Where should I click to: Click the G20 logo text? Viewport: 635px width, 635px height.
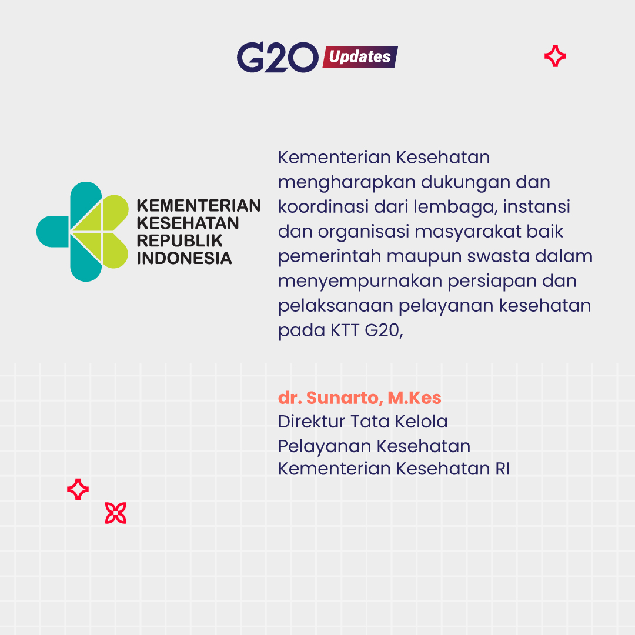click(278, 57)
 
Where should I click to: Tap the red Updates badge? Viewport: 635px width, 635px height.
click(360, 56)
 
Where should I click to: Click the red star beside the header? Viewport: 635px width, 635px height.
click(555, 56)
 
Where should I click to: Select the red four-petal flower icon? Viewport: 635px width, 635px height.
click(116, 513)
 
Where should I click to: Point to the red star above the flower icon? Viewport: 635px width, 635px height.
click(78, 489)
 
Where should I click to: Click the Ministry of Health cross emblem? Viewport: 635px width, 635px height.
click(83, 232)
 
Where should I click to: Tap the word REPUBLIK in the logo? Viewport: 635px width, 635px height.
click(179, 240)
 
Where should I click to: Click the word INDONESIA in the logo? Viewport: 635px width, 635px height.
click(184, 258)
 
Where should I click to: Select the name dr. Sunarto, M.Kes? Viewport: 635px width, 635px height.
click(360, 397)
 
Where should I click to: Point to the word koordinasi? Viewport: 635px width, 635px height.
click(323, 206)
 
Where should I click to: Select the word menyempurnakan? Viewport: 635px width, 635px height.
click(360, 282)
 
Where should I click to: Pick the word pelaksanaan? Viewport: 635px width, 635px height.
click(336, 306)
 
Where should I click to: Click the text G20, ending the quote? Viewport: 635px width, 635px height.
click(384, 330)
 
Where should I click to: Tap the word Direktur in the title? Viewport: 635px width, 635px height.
click(311, 422)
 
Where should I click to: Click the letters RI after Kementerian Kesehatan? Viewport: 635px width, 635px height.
click(502, 469)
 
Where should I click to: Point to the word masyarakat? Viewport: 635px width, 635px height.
click(468, 232)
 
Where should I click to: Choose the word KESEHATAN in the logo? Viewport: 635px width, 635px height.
click(188, 223)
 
